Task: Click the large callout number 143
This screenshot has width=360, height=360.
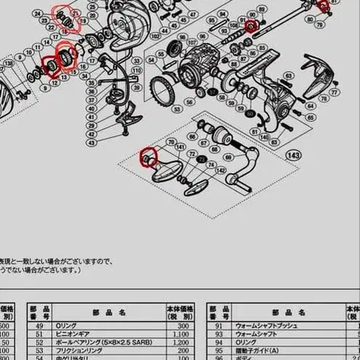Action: pyautogui.click(x=294, y=155)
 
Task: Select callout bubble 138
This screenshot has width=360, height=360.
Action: pyautogui.click(x=8, y=64)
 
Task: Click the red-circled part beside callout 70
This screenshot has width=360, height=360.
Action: pyautogui.click(x=324, y=7)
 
